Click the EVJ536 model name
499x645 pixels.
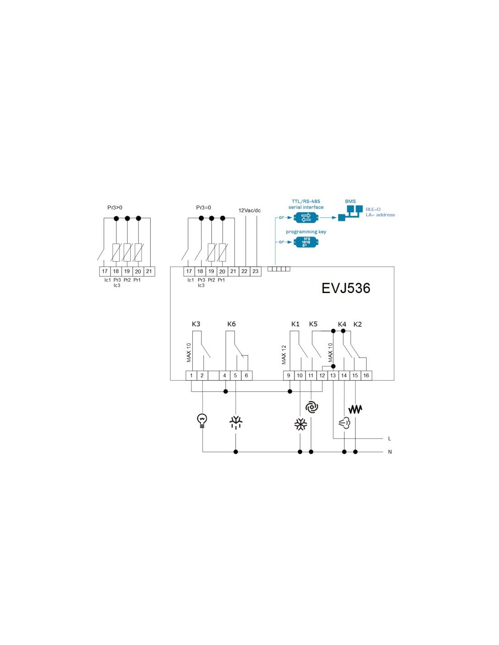coord(346,288)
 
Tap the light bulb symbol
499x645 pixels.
coord(202,420)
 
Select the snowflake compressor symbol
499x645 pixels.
coord(300,425)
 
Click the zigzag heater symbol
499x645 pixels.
coord(355,409)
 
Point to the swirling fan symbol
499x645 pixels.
coord(311,407)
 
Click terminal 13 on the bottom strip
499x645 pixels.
coord(333,376)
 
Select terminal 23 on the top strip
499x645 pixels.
coord(255,271)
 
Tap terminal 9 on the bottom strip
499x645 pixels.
coord(289,376)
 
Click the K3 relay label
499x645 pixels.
coord(196,324)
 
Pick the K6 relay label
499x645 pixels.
coord(231,324)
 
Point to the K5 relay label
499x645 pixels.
coord(313,324)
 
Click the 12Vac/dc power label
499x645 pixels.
coord(249,210)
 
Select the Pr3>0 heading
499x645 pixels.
coord(115,207)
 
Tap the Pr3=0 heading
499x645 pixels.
coord(203,207)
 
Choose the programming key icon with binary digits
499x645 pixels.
coord(306,242)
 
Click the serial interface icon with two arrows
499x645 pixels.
coord(306,218)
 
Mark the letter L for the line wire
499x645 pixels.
coord(390,439)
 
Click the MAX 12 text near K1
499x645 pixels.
coord(284,355)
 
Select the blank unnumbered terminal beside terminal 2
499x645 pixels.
coord(213,376)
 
